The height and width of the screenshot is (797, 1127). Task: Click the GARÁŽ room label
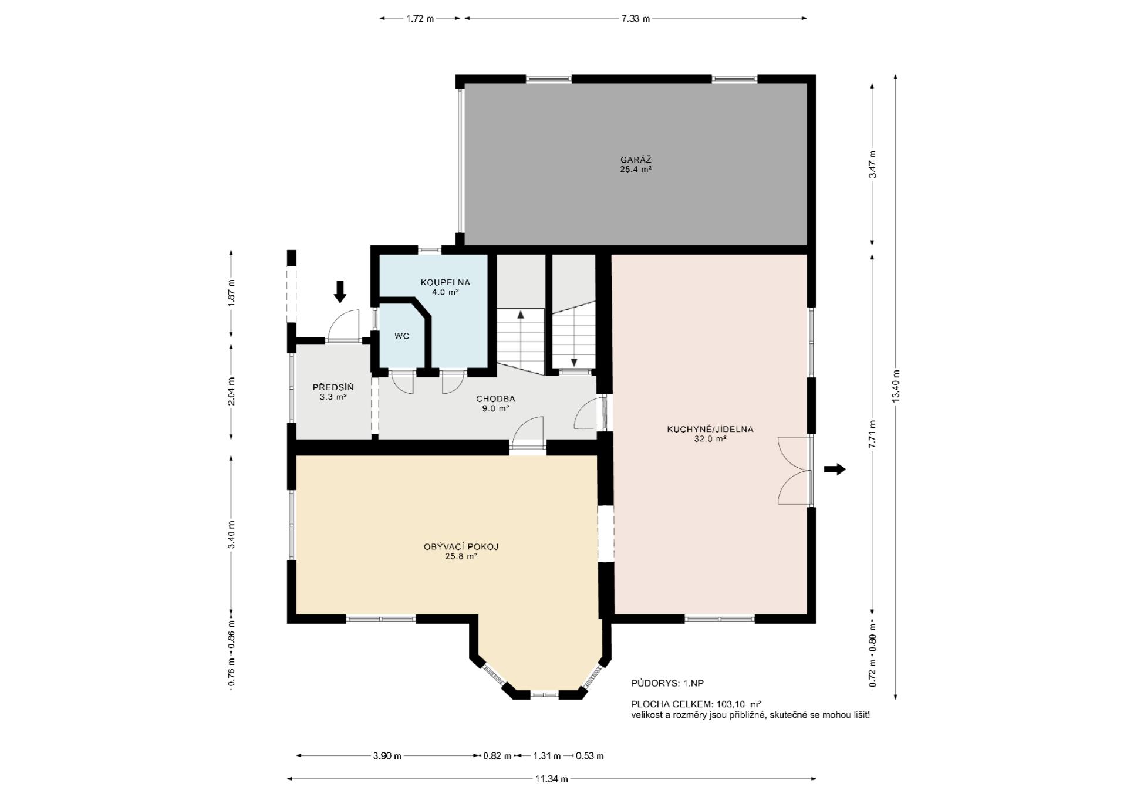tap(636, 164)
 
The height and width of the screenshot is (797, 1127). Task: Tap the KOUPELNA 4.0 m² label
tap(445, 287)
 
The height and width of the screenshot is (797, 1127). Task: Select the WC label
tap(401, 336)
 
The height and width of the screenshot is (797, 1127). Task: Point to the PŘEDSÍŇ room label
tap(333, 392)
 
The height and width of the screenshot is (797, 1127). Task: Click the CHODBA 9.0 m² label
tap(495, 404)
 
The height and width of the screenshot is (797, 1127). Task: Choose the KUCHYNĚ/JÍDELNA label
tap(710, 434)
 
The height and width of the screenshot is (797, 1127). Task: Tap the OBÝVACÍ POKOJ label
tap(461, 552)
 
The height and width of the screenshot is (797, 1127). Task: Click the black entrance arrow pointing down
tap(340, 291)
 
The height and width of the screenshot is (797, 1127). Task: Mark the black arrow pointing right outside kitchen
tap(835, 469)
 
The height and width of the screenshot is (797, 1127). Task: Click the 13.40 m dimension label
tap(895, 386)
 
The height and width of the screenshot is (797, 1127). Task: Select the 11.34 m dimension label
tap(551, 779)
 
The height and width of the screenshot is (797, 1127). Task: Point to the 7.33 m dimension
tap(636, 18)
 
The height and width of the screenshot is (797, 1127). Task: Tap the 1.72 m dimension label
tap(420, 18)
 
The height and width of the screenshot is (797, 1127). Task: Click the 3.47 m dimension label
tap(872, 165)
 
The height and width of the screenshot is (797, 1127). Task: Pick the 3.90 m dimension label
tap(387, 756)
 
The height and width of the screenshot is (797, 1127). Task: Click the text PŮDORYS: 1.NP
tap(667, 683)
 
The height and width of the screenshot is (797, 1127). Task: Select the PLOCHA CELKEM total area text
tap(696, 704)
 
